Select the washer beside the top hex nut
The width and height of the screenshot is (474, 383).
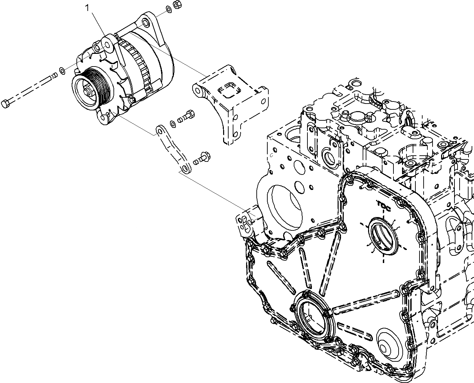pos(169,9)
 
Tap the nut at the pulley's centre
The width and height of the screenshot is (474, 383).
pos(87,93)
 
